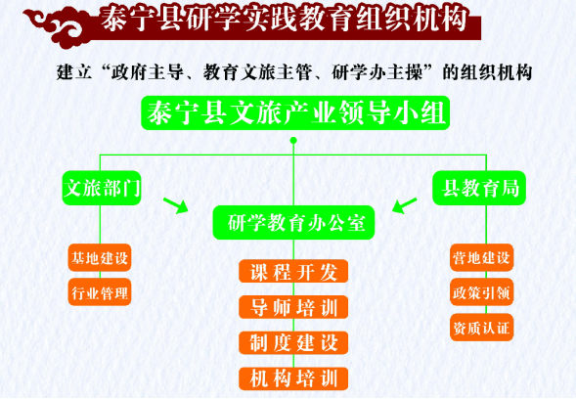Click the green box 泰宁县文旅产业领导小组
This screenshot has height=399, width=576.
point(295,112)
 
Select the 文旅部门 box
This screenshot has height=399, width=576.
point(102,188)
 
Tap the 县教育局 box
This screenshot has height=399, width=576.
point(479,188)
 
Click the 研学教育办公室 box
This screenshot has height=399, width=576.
point(294,223)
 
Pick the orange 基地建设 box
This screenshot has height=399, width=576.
point(100,258)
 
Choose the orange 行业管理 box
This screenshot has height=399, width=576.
point(100,292)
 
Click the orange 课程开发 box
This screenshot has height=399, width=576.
point(293,272)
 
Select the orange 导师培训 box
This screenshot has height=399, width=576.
point(293,307)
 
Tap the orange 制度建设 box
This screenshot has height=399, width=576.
point(293,343)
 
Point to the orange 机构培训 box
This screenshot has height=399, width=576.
point(293,378)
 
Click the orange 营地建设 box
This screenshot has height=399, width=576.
point(481,258)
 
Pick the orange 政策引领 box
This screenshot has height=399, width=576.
point(481,292)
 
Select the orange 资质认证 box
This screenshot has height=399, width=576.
point(481,328)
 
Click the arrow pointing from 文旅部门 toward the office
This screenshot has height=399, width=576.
point(176,205)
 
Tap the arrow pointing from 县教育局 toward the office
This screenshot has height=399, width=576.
point(405,205)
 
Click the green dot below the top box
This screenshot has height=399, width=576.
point(293,141)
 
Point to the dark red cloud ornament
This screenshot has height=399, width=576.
point(58,26)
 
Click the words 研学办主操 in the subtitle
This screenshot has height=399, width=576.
point(377,72)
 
